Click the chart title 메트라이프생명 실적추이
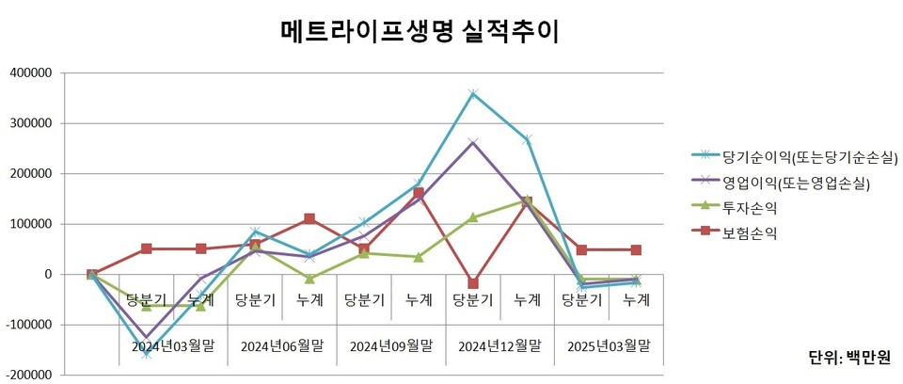click(420, 32)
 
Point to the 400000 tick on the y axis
click(31, 72)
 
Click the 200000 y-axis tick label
click(31, 174)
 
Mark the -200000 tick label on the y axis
click(29, 376)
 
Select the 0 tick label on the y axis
click(51, 275)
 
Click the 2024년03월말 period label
click(173, 345)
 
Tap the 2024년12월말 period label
click(499, 345)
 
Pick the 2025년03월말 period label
click(609, 345)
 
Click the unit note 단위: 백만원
click(848, 358)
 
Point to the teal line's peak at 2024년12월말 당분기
click(473, 93)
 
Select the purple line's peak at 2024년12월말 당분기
click(473, 143)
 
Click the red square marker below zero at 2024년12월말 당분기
click(473, 283)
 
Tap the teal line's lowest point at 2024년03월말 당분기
click(147, 354)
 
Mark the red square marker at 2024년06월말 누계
click(309, 219)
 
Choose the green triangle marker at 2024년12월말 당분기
click(473, 217)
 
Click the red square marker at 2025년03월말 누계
click(637, 250)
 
